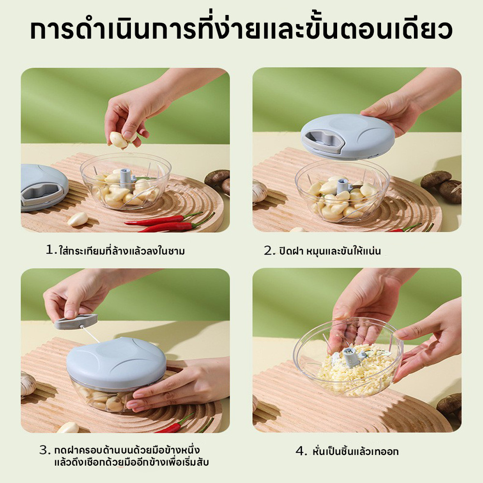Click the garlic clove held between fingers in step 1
119,140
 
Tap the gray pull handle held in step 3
76,322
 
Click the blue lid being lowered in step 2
347,136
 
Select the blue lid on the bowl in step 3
116,363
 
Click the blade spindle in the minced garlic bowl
352,357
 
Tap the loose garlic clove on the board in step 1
78,219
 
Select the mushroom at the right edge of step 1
218,182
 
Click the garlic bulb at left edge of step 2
259,191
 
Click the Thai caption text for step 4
355,451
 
